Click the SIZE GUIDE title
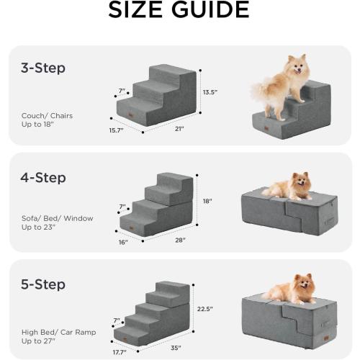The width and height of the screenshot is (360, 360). tap(179, 11)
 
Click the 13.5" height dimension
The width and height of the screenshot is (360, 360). tap(210, 93)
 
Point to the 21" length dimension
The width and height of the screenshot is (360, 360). tap(179, 129)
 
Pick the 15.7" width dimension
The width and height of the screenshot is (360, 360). tap(116, 130)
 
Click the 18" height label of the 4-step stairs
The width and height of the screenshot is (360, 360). tap(207, 202)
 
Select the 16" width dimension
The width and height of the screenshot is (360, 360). tap(123, 243)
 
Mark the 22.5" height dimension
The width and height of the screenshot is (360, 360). tap(205, 311)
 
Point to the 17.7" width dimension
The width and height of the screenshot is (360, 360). tap(120, 353)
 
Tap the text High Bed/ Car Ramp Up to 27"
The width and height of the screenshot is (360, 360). tap(50, 336)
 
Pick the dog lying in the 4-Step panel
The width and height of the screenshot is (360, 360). tap(292, 186)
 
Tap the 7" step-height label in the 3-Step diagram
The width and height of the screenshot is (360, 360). tap(122, 91)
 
